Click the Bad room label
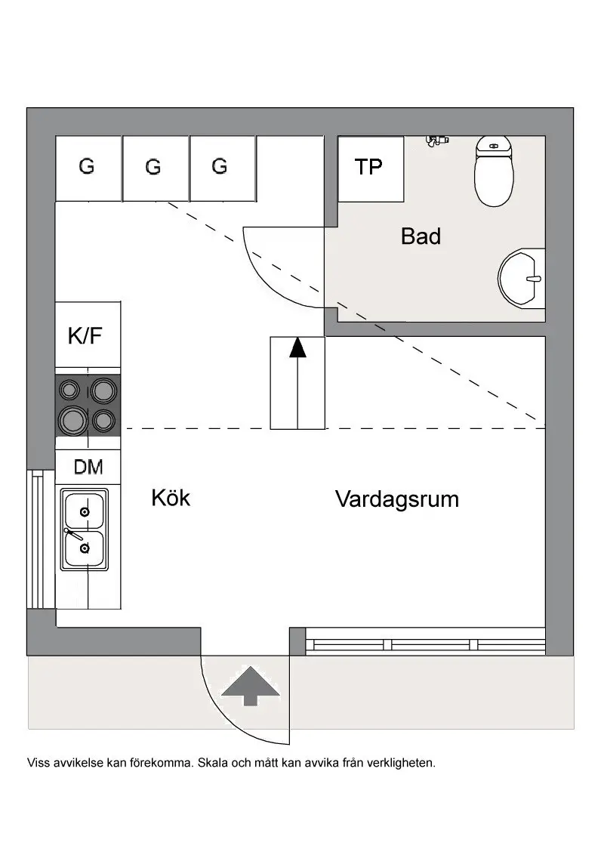[421, 236]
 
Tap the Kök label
[171, 498]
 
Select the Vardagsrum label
[397, 499]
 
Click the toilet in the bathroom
[493, 173]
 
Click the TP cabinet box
[369, 168]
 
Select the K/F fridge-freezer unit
[88, 335]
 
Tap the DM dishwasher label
[88, 468]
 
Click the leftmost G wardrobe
[88, 168]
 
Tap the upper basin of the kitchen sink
[84, 511]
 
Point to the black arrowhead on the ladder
[298, 347]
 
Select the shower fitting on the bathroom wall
[436, 140]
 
